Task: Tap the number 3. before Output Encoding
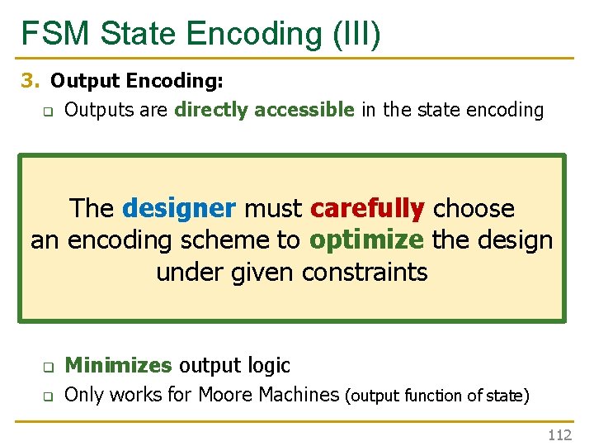(31, 82)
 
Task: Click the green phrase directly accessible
(264, 109)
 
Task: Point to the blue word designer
(179, 208)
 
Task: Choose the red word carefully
(367, 208)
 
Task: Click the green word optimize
(367, 240)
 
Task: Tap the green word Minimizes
(118, 365)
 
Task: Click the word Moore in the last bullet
(230, 395)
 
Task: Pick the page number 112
(559, 435)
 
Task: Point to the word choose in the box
(474, 208)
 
